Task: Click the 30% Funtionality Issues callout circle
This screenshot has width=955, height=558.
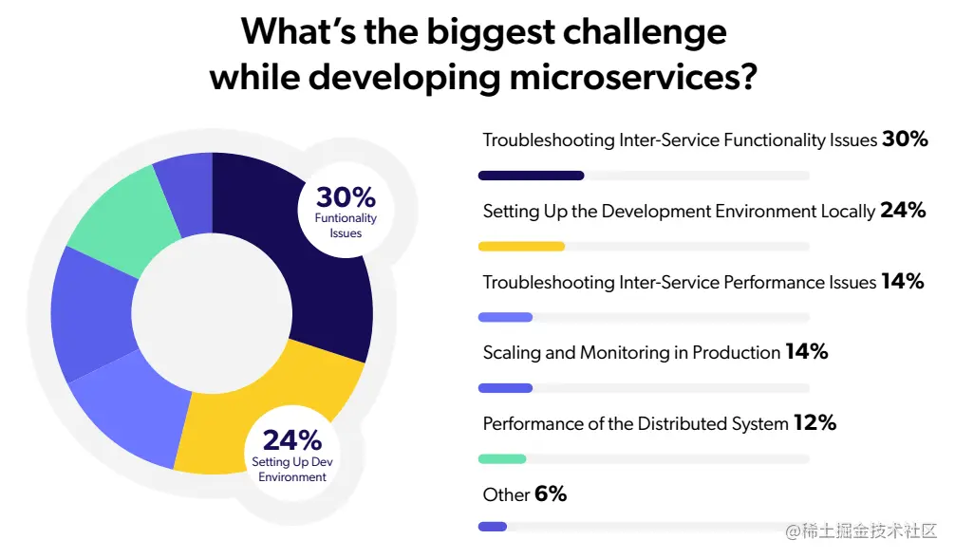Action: point(346,212)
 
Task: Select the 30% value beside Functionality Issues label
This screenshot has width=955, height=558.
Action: point(905,139)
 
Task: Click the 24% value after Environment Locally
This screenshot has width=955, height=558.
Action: point(903,211)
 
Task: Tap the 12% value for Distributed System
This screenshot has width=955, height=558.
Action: point(815,423)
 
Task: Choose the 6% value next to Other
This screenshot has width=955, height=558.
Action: point(551,494)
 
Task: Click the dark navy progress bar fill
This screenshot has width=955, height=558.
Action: point(531,176)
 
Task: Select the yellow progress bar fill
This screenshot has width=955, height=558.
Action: point(521,247)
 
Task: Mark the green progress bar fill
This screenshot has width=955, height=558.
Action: point(502,458)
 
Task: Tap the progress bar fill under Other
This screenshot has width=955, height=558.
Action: point(493,527)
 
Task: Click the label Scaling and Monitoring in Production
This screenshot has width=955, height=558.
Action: point(631,353)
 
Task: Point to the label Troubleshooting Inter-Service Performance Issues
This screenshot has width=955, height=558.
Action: point(679,282)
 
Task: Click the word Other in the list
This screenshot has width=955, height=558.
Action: point(506,494)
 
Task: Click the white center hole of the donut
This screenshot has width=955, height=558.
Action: point(211,317)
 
